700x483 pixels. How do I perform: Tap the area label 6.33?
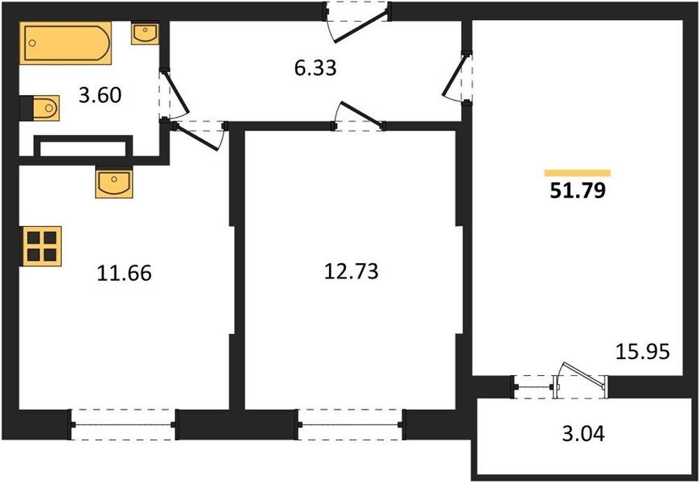pyautogui.click(x=315, y=68)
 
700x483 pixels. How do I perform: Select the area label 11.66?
pyautogui.click(x=123, y=274)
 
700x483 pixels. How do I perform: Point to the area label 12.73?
pyautogui.click(x=350, y=272)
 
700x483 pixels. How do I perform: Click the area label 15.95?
pyautogui.click(x=643, y=352)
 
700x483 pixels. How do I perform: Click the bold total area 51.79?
pyautogui.click(x=577, y=192)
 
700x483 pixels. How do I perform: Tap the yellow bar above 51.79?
pyautogui.click(x=577, y=173)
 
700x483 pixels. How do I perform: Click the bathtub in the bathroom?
pyautogui.click(x=65, y=43)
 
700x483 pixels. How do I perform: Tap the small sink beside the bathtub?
pyautogui.click(x=144, y=33)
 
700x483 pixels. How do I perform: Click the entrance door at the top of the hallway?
pyautogui.click(x=356, y=19)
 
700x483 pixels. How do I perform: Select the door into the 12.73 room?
pyautogui.click(x=360, y=117)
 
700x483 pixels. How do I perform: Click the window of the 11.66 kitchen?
pyautogui.click(x=123, y=423)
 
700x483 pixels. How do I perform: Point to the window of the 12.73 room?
pyautogui.click(x=350, y=423)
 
